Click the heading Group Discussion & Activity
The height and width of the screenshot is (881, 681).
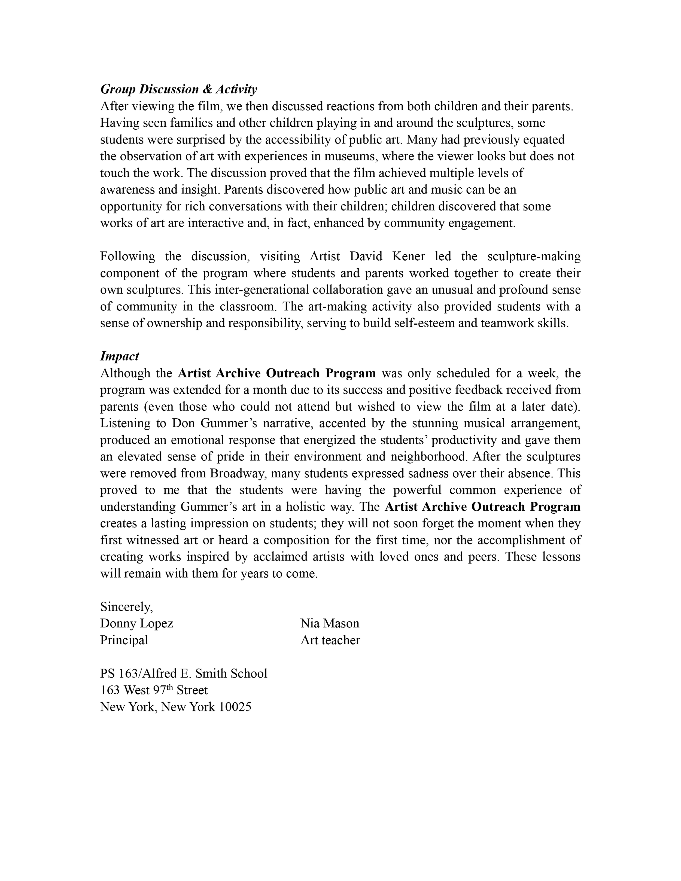178,89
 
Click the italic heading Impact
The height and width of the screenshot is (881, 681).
119,356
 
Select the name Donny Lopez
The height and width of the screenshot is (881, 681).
136,623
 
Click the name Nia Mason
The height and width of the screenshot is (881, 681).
330,623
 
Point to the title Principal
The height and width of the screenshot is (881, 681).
124,640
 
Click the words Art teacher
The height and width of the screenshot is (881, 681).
330,640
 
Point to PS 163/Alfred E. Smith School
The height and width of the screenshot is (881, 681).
184,673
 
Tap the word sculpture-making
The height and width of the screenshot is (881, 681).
534,256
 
